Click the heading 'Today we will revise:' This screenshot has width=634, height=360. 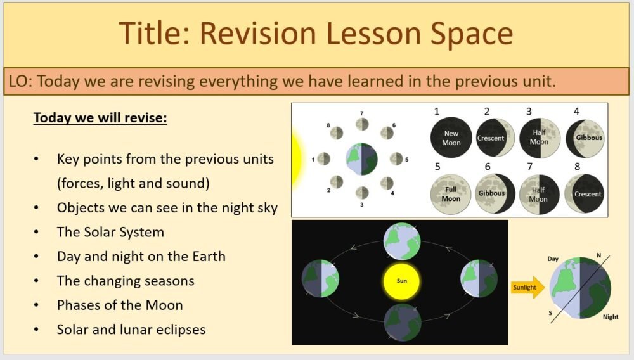[x=100, y=118]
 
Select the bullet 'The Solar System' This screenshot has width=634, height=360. [x=110, y=232]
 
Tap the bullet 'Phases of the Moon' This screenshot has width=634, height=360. [x=120, y=305]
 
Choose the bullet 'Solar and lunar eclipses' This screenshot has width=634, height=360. [x=131, y=330]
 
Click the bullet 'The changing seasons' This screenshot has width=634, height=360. [x=126, y=281]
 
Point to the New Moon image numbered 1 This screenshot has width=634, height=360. [x=451, y=138]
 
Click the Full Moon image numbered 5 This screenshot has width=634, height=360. [x=451, y=194]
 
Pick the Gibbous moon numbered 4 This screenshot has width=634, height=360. [x=584, y=138]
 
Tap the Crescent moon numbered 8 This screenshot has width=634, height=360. [x=584, y=194]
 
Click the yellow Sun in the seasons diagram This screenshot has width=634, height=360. [x=402, y=280]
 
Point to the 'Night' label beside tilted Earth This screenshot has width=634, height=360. [x=610, y=316]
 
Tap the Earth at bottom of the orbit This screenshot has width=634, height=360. [x=402, y=322]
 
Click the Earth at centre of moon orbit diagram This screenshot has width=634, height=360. [x=362, y=158]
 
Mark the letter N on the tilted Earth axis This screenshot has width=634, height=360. [x=598, y=255]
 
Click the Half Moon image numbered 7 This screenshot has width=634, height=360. [x=539, y=194]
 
